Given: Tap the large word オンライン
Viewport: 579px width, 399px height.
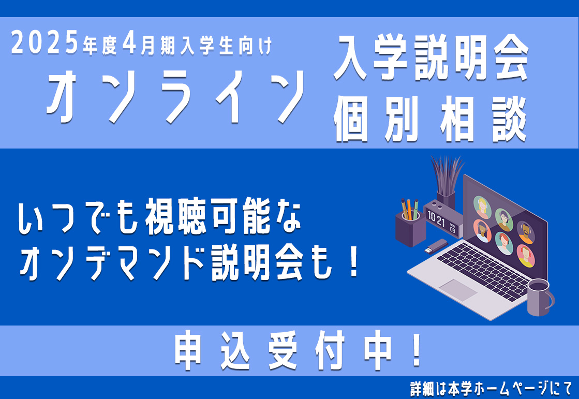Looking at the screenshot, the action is [176, 97].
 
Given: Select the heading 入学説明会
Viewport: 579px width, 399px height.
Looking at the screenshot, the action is [432, 57].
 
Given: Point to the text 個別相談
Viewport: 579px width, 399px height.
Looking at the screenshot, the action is [430, 119].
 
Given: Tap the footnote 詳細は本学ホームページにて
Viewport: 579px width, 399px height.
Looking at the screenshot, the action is [492, 389].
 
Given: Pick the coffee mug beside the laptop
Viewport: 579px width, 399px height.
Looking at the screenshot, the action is [540, 298].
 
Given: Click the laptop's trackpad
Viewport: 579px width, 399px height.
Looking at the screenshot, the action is [457, 289].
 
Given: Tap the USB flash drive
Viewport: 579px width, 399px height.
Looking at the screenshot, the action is [436, 246].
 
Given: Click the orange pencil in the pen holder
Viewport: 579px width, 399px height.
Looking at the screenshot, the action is [409, 209].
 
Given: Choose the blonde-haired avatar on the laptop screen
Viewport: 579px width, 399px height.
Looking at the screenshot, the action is [482, 206].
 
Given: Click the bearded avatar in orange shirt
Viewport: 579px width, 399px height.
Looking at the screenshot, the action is [525, 232].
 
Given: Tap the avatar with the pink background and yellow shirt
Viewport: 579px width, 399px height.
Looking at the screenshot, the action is [526, 255].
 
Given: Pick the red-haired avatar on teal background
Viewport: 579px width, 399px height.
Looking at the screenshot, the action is [503, 242].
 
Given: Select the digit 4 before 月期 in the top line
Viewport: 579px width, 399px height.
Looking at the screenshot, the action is [130, 43].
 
